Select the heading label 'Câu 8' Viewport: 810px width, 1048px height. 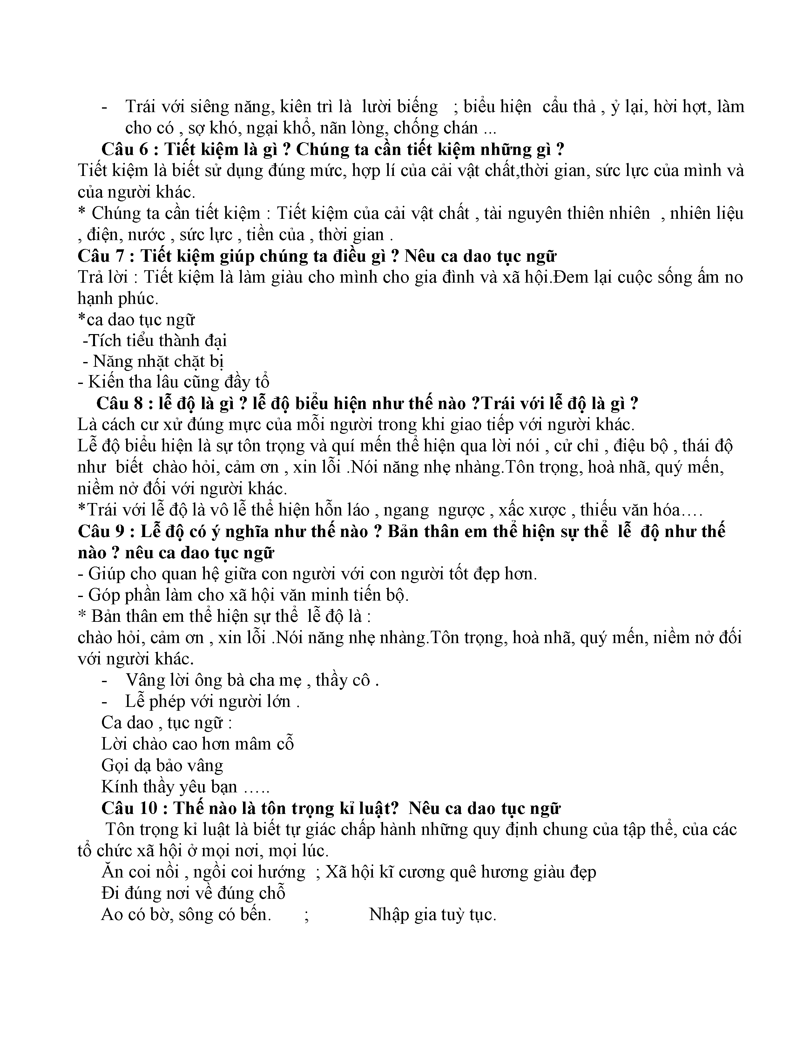click(119, 404)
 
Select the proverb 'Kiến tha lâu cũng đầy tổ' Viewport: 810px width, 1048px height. click(173, 382)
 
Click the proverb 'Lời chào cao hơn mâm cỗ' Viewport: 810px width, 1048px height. click(197, 744)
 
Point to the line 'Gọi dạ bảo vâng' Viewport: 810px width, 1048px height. click(162, 765)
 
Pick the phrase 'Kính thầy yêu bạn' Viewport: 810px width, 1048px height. click(169, 787)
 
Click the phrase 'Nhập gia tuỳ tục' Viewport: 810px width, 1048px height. click(432, 915)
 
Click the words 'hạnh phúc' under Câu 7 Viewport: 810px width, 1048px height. click(118, 299)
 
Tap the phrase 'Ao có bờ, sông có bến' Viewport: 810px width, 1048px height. click(186, 915)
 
